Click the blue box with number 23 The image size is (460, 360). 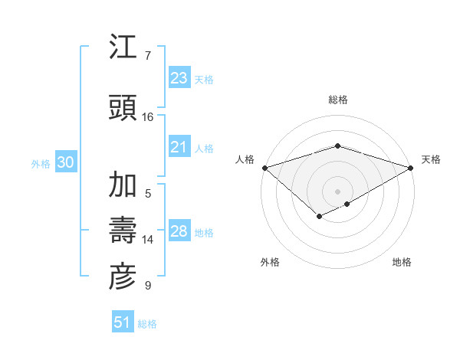(179, 78)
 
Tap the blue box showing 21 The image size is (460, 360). (179, 147)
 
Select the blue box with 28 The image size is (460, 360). (179, 231)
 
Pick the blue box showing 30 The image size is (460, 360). (65, 162)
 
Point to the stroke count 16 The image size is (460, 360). (148, 116)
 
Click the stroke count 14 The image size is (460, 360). (148, 240)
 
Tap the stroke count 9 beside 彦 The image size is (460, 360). (148, 286)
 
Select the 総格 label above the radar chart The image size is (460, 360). (338, 100)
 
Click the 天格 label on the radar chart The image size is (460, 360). (431, 159)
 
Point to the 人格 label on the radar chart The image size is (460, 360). (245, 159)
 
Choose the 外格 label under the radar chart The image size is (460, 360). (270, 262)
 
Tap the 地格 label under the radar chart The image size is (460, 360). (402, 262)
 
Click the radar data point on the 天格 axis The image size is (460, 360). (412, 168)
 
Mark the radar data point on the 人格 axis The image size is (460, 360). (264, 168)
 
